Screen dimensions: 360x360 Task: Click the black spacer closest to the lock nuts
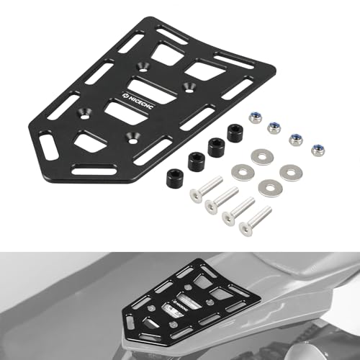[234, 132]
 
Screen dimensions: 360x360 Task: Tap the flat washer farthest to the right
[290, 172]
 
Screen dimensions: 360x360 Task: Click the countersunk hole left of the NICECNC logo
[86, 111]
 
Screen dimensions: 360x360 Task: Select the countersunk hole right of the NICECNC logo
[190, 86]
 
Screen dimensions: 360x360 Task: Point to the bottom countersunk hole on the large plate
[131, 134]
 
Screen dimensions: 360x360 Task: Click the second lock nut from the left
[274, 127]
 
